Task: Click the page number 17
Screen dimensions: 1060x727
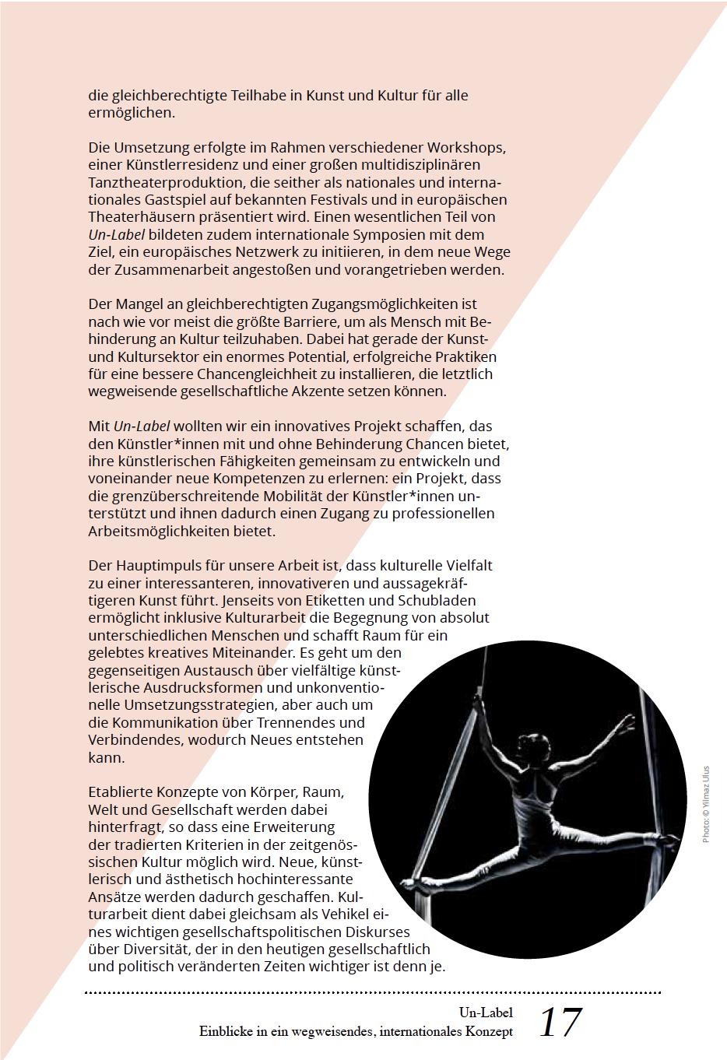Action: point(560,1022)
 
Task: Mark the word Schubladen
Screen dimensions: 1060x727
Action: point(437,601)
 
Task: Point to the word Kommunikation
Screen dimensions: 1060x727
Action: point(170,722)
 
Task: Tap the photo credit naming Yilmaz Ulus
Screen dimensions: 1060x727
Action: point(706,806)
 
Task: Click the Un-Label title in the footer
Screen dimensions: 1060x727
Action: point(486,1013)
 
